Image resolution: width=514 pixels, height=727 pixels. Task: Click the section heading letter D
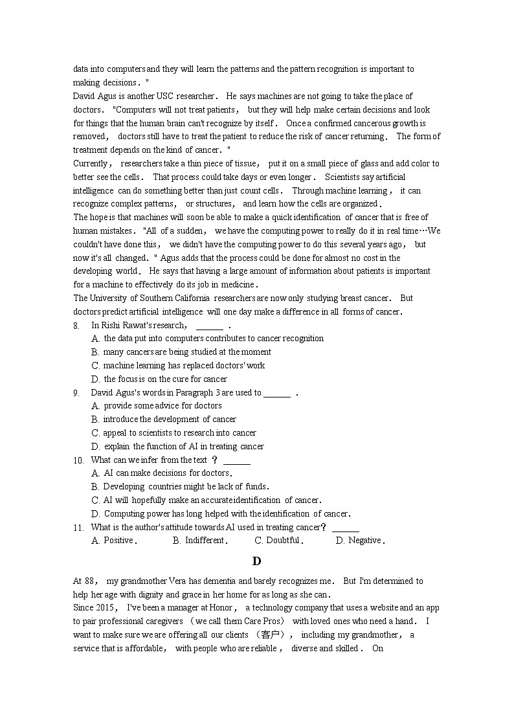point(257,561)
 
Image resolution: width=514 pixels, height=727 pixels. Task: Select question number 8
point(76,326)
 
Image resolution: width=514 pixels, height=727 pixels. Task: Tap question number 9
point(76,393)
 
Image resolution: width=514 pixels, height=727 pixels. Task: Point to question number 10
point(78,460)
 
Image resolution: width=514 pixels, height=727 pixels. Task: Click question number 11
point(78,528)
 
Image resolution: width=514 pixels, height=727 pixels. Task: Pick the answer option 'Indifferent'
point(205,541)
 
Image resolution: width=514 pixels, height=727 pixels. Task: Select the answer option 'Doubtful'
point(283,541)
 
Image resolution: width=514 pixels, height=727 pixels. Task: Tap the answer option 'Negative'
point(364,541)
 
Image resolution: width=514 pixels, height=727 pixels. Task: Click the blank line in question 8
point(208,327)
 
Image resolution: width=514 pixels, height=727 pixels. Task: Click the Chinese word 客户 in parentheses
point(272,635)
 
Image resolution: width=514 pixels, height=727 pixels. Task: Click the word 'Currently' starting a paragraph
point(93,164)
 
